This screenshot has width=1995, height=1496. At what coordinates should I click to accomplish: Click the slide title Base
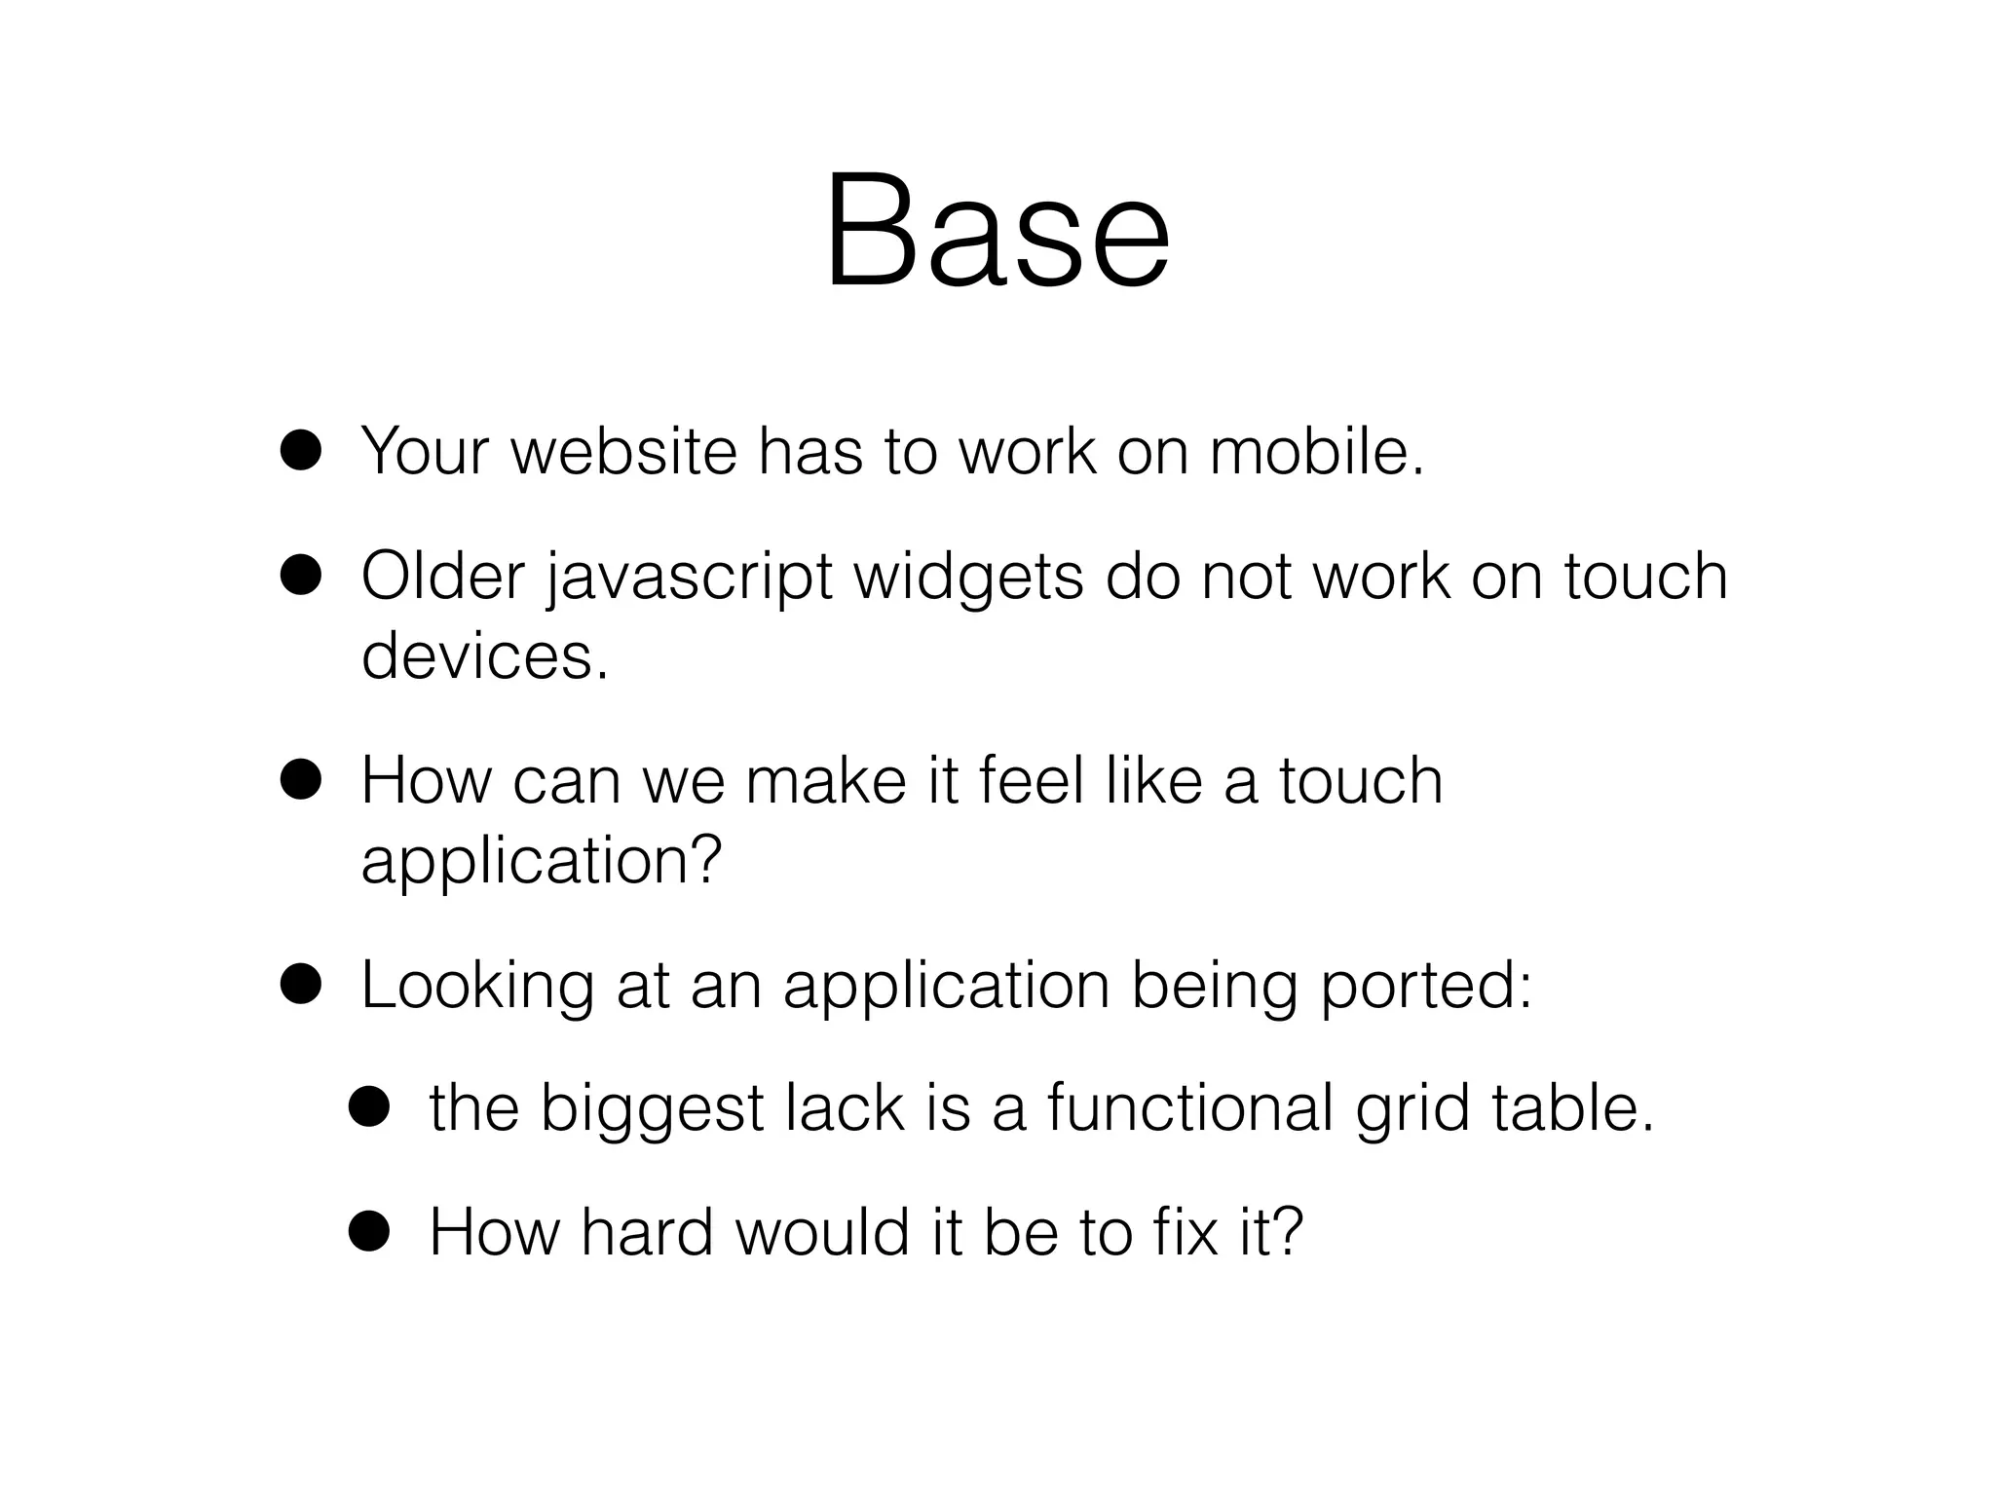click(997, 234)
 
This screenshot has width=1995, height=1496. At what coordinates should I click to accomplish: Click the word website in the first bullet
click(624, 452)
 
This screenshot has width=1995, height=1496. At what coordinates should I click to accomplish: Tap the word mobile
click(1315, 452)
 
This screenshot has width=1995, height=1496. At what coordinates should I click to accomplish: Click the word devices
click(484, 656)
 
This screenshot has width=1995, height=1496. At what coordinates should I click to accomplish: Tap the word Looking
click(477, 988)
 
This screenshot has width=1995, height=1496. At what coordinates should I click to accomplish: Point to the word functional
click(1189, 1110)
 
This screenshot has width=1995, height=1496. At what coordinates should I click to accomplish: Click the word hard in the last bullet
click(647, 1233)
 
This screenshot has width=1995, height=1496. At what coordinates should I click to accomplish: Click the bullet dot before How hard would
click(370, 1231)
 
